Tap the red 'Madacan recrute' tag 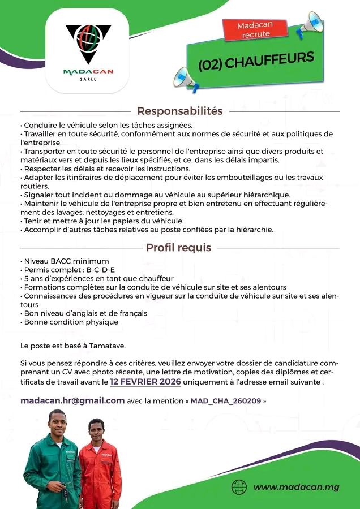click(x=255, y=30)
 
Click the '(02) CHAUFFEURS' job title click(x=256, y=61)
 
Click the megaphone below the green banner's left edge click(x=186, y=79)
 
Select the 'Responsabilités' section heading click(x=179, y=111)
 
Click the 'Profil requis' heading click(x=178, y=247)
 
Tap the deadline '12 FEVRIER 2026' click(x=145, y=382)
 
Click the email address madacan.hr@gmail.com click(x=72, y=400)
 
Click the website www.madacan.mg click(x=296, y=487)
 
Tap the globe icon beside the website click(x=239, y=487)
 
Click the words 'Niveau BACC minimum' click(x=66, y=261)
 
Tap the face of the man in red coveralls click(x=97, y=429)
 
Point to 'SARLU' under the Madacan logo click(x=88, y=79)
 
